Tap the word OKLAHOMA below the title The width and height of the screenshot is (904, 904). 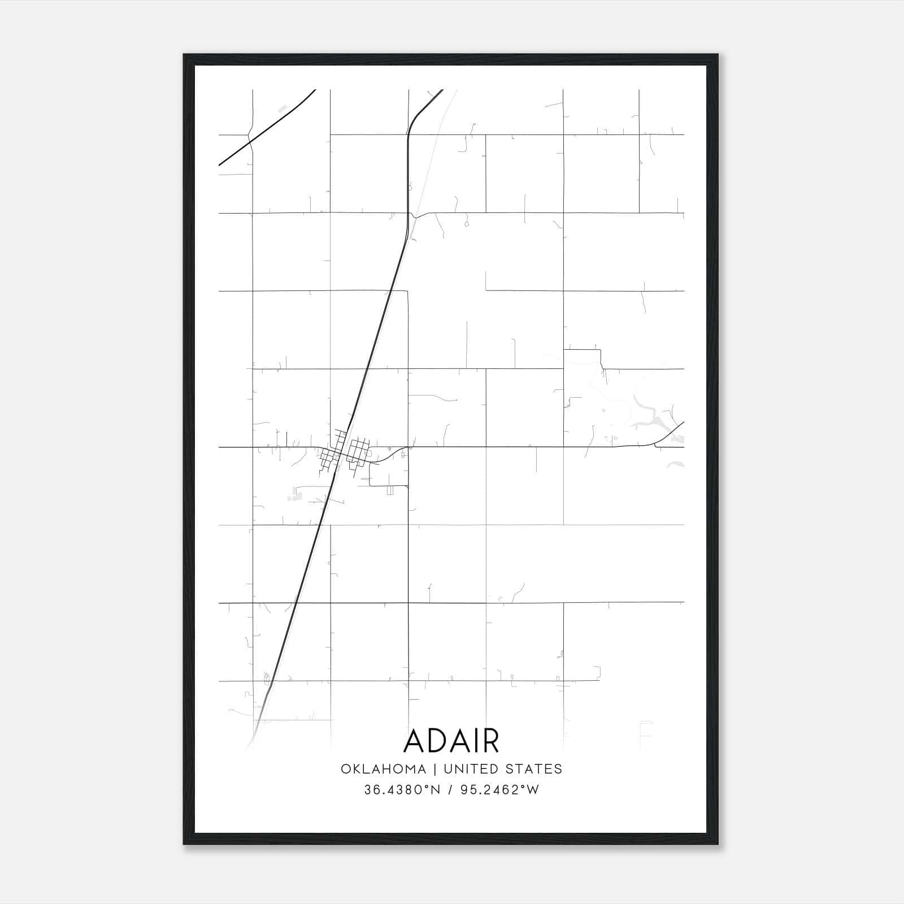pos(383,768)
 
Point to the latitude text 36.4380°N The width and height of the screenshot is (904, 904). pos(402,790)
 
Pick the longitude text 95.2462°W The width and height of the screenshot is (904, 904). pos(501,790)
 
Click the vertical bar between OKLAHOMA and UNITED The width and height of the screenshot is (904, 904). pos(435,768)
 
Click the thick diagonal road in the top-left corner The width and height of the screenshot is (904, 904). pos(266,128)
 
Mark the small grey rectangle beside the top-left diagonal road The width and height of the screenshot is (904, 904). pos(283,107)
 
